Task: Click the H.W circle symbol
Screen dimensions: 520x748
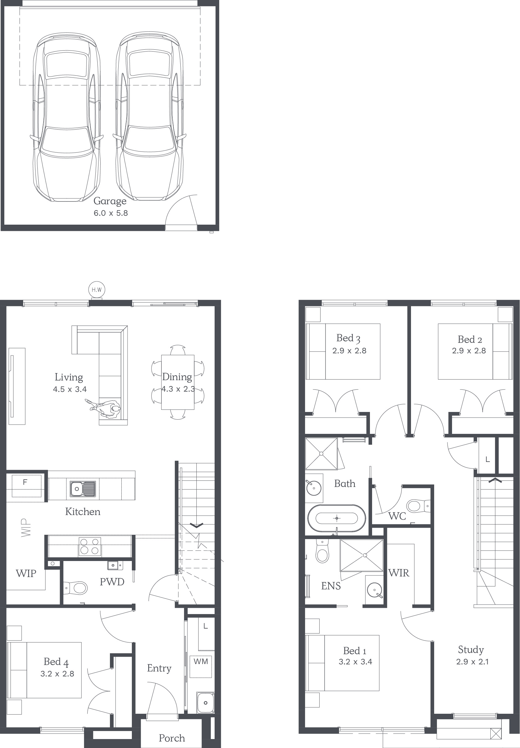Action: tap(97, 289)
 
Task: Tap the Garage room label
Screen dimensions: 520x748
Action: tap(110, 201)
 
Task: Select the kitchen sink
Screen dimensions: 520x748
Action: tap(83, 488)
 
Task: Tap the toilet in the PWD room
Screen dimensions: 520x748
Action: tap(76, 588)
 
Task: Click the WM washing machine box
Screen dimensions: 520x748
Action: tap(201, 667)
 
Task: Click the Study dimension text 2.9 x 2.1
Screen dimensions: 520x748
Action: tap(472, 661)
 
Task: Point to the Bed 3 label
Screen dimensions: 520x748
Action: tap(348, 338)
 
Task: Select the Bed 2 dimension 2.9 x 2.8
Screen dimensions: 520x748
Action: tap(469, 351)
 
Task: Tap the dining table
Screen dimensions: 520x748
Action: tap(178, 382)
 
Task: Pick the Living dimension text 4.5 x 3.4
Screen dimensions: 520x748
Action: tap(70, 389)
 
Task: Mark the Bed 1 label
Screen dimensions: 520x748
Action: tap(355, 651)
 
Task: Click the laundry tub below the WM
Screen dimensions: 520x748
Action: tap(205, 703)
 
